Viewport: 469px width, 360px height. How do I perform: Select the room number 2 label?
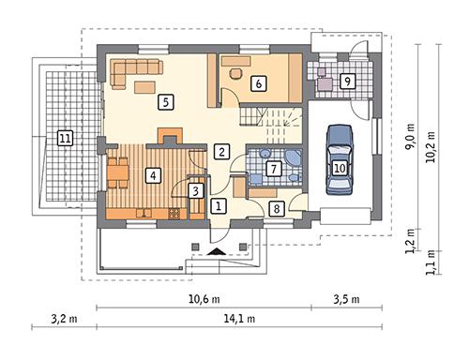click(x=222, y=150)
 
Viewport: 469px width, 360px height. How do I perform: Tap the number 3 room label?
click(x=195, y=190)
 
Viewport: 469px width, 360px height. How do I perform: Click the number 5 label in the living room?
click(x=164, y=101)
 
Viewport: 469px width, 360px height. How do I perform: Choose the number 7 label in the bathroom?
click(x=273, y=170)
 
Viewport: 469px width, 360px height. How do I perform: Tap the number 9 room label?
click(x=347, y=82)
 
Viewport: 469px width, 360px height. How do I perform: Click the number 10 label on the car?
click(x=340, y=168)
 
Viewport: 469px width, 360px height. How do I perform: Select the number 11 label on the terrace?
click(x=64, y=139)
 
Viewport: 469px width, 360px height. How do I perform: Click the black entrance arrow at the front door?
click(x=218, y=251)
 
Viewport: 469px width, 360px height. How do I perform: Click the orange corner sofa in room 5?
click(x=134, y=68)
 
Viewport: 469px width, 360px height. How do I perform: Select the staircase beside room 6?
click(x=272, y=118)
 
